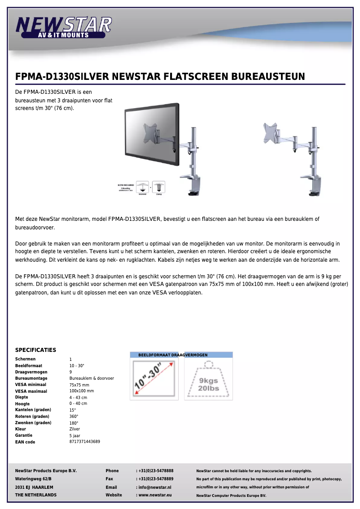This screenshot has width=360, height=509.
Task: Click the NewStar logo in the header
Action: [x=63, y=26]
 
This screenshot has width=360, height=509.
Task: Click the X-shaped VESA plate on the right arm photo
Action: [x=271, y=133]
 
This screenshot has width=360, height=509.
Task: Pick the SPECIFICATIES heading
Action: [x=35, y=350]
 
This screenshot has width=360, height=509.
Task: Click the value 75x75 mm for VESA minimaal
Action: [x=79, y=385]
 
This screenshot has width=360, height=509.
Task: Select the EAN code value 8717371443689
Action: [x=85, y=442]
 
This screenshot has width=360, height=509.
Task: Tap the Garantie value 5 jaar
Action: [x=75, y=435]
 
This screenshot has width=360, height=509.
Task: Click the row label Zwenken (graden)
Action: [x=33, y=423]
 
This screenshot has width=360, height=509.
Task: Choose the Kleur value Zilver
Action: [x=75, y=429]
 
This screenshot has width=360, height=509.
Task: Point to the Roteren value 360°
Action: [x=74, y=417]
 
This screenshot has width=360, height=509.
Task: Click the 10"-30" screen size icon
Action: [x=154, y=378]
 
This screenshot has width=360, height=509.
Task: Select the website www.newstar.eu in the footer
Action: [x=155, y=495]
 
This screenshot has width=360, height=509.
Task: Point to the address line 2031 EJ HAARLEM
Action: [x=34, y=487]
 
